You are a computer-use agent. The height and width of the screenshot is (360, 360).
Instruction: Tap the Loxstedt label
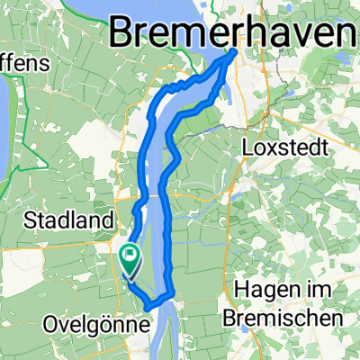pyautogui.click(x=286, y=147)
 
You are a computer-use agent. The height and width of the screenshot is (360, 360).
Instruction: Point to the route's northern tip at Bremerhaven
pyautogui.click(x=235, y=52)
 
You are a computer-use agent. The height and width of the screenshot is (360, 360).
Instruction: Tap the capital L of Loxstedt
pyautogui.click(x=248, y=147)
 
